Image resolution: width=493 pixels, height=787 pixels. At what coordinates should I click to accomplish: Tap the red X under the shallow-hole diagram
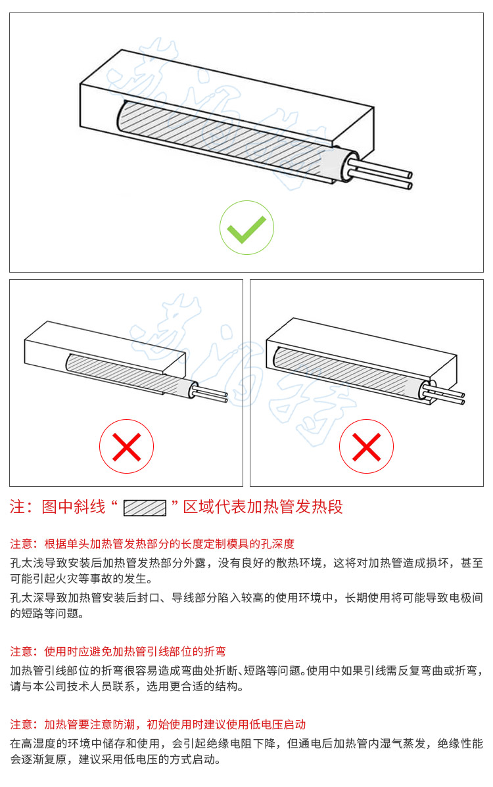tap(126, 446)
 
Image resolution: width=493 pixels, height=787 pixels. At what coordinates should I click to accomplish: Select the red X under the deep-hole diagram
tap(367, 446)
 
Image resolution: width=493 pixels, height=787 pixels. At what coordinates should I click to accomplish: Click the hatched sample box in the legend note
tap(145, 508)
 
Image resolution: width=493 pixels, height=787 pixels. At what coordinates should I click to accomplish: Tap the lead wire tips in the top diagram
tap(410, 180)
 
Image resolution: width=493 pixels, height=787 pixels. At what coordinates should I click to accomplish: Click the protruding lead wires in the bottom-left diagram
tap(211, 395)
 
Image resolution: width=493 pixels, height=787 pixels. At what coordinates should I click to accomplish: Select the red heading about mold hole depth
tap(152, 543)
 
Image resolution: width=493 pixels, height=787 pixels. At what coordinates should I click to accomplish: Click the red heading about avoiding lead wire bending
tap(118, 652)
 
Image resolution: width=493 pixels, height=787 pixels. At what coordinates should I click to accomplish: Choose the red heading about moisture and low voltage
tap(158, 724)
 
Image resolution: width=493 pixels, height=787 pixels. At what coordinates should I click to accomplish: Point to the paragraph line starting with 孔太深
tap(246, 598)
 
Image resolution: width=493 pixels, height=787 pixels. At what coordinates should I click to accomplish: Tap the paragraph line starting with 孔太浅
tap(246, 563)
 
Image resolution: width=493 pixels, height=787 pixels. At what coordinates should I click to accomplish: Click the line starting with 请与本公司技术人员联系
tap(126, 686)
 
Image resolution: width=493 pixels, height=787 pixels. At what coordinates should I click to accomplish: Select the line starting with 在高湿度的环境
tap(246, 744)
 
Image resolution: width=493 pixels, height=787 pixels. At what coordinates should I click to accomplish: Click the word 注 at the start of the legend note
tap(18, 506)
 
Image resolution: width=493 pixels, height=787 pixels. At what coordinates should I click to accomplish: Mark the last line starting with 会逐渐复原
tap(116, 759)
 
